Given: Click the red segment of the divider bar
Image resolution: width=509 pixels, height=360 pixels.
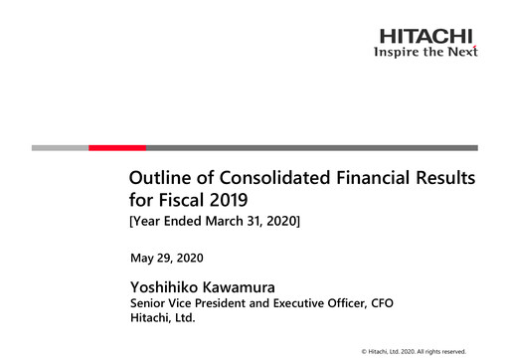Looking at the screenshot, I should tap(117, 147).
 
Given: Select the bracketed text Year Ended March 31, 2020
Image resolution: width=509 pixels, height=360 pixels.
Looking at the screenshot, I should tap(214, 221).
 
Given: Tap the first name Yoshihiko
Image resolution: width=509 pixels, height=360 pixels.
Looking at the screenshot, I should tap(172, 286).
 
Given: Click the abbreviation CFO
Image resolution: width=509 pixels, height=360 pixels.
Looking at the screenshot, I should tap(381, 302).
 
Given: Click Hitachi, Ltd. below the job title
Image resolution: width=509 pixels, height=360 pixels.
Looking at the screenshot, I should tap(163, 318).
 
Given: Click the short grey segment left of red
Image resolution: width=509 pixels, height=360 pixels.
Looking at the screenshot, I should tap(60, 147).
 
